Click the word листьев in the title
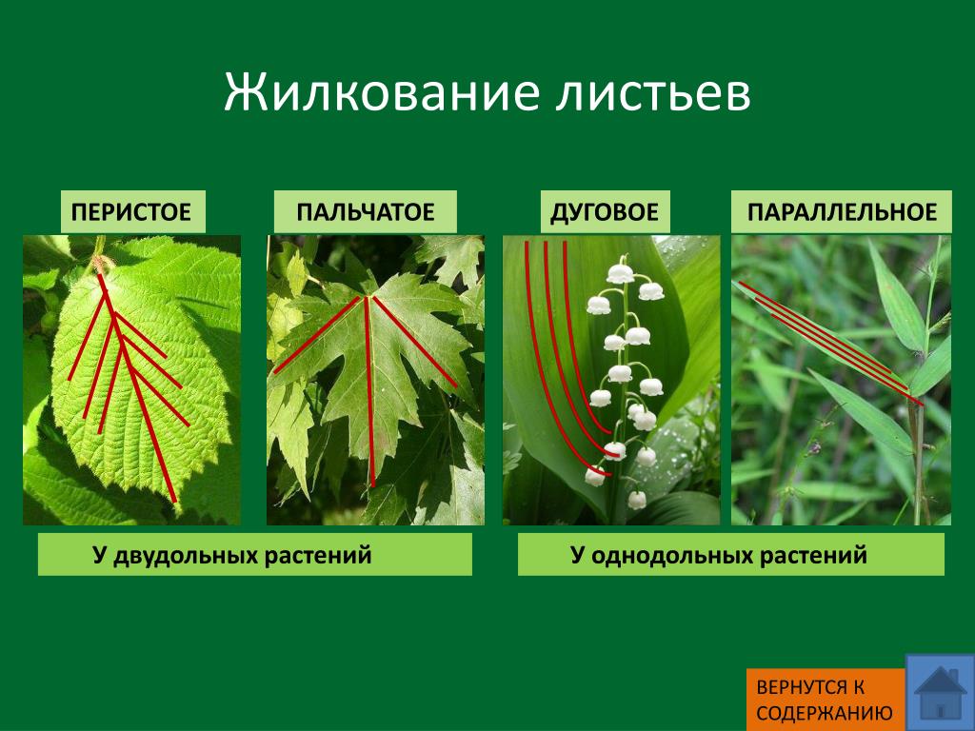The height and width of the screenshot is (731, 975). [x=653, y=94]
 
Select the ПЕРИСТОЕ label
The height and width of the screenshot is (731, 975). [x=131, y=212]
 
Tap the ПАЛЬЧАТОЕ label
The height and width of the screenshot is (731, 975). [x=365, y=212]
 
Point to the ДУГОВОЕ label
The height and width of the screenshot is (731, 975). [x=605, y=212]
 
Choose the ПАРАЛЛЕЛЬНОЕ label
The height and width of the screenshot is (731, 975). [x=842, y=212]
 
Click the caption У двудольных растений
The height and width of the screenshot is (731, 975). [x=232, y=555]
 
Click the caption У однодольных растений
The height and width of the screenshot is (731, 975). [x=719, y=555]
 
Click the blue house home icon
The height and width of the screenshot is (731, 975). [x=940, y=693]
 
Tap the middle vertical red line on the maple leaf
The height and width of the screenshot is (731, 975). [x=369, y=391]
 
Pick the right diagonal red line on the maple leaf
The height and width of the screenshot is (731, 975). [x=415, y=342]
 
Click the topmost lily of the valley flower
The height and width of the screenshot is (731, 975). [x=620, y=273]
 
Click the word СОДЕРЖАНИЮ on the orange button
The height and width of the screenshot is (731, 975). [x=825, y=713]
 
